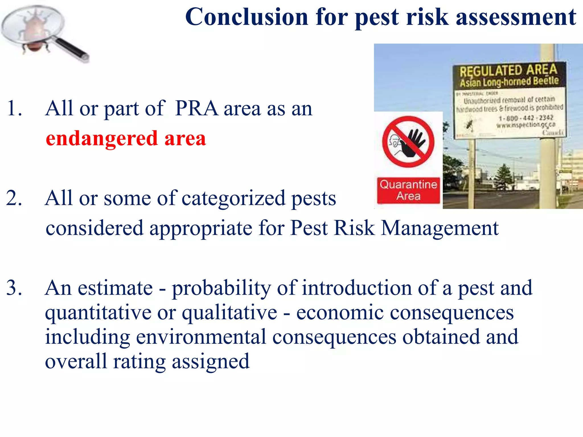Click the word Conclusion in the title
tap(247, 17)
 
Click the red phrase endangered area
tap(126, 139)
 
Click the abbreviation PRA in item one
tap(196, 108)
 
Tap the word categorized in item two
tap(233, 199)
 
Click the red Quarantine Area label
tap(408, 190)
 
